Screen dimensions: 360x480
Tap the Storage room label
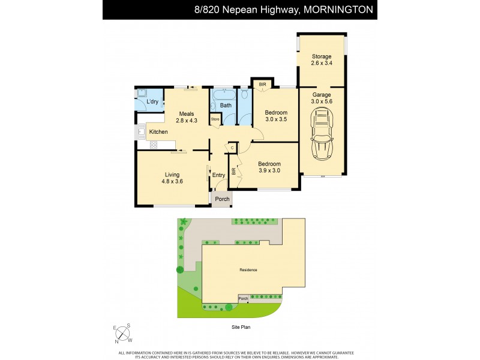tap(321, 60)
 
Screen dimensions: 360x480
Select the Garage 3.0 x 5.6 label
tap(321, 98)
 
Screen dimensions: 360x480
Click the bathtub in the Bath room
tap(225, 94)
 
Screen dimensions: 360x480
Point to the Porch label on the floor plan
tap(222, 199)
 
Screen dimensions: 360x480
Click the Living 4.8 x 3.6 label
tap(172, 178)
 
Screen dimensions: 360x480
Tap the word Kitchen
tap(158, 132)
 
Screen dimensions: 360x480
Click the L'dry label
tap(152, 102)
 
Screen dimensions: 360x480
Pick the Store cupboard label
tap(215, 119)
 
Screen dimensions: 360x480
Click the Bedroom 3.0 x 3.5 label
tap(276, 116)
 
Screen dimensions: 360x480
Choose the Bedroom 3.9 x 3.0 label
tap(269, 167)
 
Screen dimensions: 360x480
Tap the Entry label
tap(219, 175)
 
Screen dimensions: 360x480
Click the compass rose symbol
tap(123, 333)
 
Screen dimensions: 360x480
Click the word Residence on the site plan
tap(248, 270)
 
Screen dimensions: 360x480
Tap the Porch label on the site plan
tap(243, 298)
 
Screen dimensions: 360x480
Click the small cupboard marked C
tap(232, 148)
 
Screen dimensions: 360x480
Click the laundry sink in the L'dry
tap(142, 93)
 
